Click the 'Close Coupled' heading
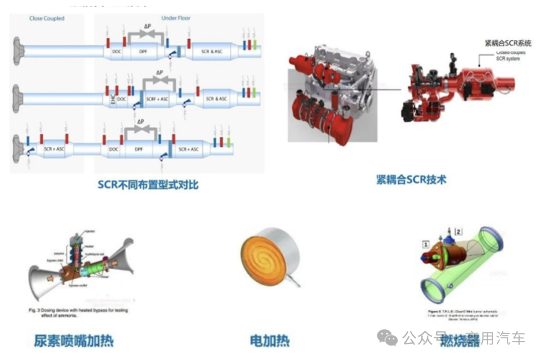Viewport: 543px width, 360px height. pyautogui.click(x=47, y=19)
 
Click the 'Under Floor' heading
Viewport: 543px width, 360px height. pyautogui.click(x=175, y=19)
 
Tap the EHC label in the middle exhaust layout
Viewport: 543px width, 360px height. pyautogui.click(x=112, y=99)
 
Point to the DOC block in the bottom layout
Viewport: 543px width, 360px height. pyautogui.click(x=114, y=149)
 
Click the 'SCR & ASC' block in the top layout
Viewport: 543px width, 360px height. pyautogui.click(x=211, y=51)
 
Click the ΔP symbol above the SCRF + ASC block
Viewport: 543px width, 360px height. pyautogui.click(x=160, y=72)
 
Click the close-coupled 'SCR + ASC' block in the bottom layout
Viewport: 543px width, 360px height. pyautogui.click(x=54, y=149)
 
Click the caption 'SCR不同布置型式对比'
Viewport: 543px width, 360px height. pyautogui.click(x=148, y=185)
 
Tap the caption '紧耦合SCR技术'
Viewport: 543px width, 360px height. pyautogui.click(x=411, y=179)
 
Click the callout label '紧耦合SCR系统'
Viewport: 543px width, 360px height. pyautogui.click(x=508, y=43)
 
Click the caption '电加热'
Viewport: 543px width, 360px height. pyautogui.click(x=270, y=341)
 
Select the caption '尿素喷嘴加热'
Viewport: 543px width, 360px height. pyautogui.click(x=74, y=341)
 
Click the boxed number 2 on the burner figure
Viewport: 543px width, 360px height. pyautogui.click(x=458, y=231)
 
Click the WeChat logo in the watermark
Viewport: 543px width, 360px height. pyautogui.click(x=387, y=337)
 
